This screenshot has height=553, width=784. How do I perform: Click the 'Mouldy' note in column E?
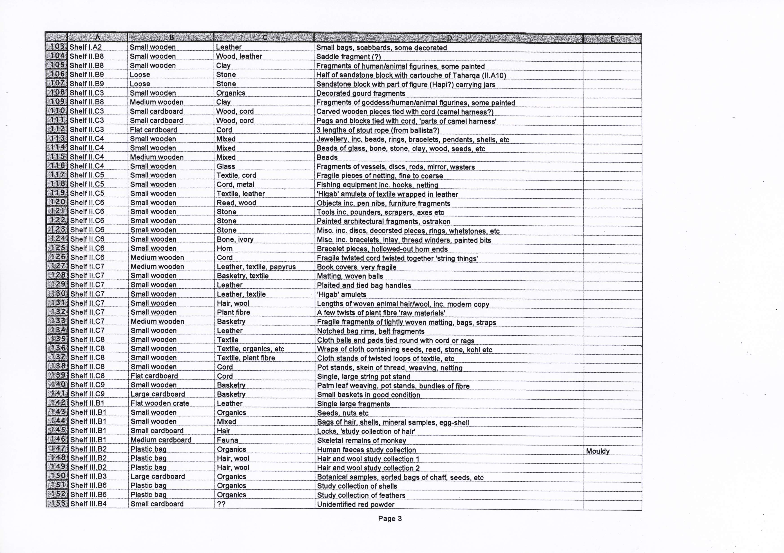598,451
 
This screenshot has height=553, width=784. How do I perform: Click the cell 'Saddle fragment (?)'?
348,57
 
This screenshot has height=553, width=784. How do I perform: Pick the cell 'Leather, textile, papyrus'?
256,267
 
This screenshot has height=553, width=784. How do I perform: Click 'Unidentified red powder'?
355,504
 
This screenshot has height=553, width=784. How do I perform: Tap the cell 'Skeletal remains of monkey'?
361,441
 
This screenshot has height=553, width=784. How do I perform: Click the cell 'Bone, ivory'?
235,239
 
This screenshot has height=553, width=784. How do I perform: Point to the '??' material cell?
221,504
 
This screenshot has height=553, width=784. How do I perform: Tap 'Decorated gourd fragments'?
361,93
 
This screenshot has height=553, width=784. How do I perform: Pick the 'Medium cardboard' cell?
161,440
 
